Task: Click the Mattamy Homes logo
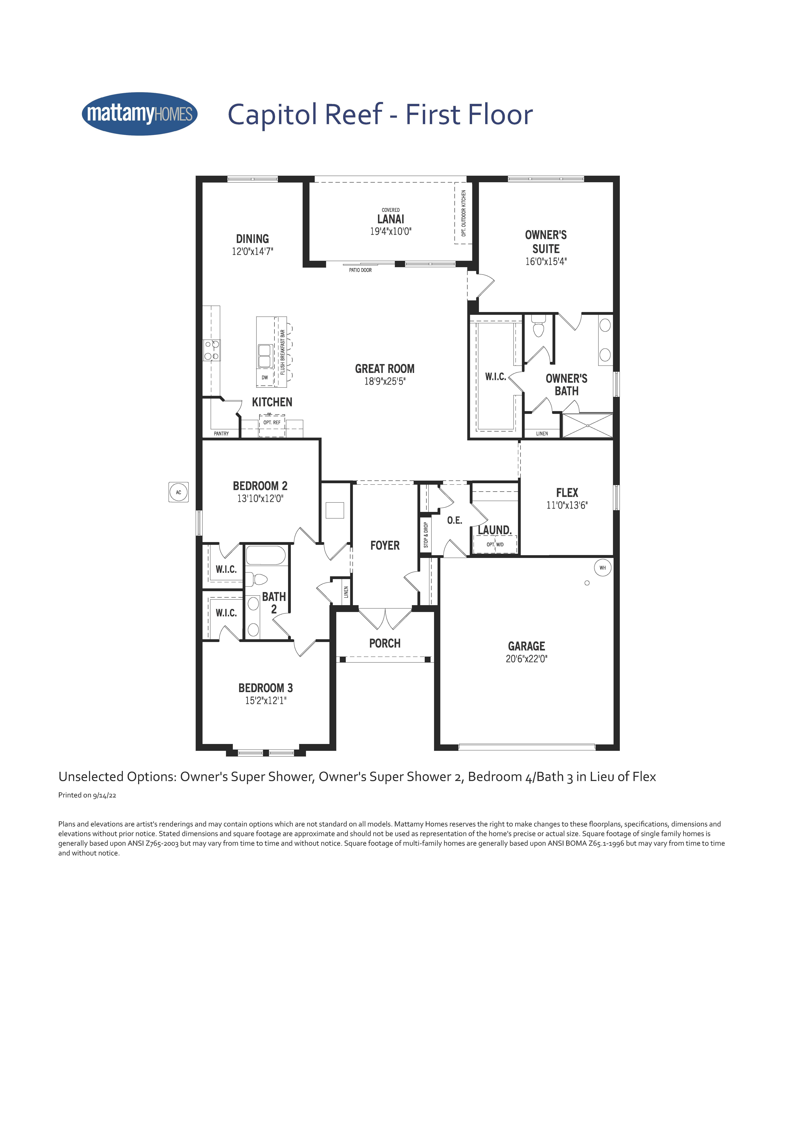coord(140,114)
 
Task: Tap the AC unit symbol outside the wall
coord(178,492)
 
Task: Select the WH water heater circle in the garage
coord(602,568)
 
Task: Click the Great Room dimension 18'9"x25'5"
coord(385,381)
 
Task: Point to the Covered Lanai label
coord(391,216)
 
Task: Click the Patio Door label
coord(360,270)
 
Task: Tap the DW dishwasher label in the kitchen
coord(265,377)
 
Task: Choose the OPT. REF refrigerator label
coord(272,422)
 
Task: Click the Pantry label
coord(221,434)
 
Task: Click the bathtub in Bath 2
coord(266,555)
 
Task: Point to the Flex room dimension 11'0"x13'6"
coord(567,505)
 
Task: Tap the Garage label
coord(526,646)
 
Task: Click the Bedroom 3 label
coord(266,688)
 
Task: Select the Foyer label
coord(385,545)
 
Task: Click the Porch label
coord(385,643)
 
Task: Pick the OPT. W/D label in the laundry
coord(495,544)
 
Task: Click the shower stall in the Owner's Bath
coord(587,425)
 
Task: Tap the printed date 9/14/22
coord(104,795)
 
